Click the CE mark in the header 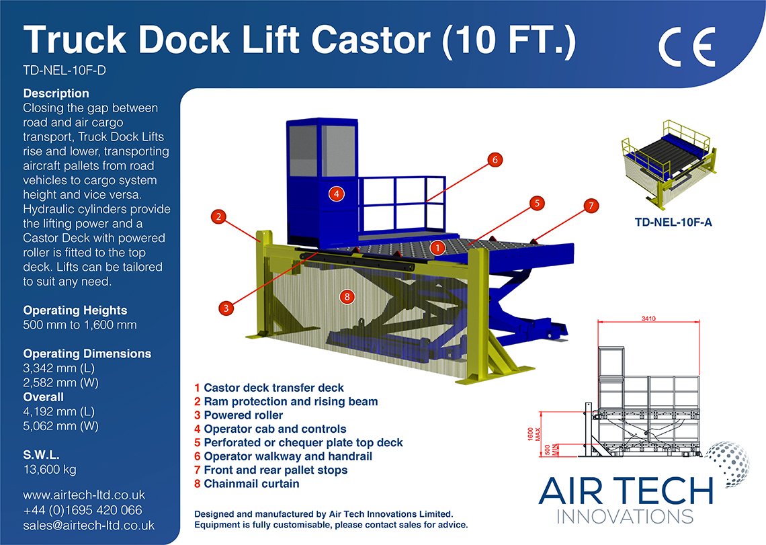687,48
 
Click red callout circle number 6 494,160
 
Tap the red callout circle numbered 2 218,216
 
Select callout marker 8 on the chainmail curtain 347,296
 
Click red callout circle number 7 590,206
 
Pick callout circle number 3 226,308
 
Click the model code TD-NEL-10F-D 65,70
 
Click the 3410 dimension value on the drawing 648,317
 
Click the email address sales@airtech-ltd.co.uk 89,525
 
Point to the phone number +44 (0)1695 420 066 83,510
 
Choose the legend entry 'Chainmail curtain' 251,484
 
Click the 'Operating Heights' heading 75,310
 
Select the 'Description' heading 56,93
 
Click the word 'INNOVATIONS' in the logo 626,516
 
